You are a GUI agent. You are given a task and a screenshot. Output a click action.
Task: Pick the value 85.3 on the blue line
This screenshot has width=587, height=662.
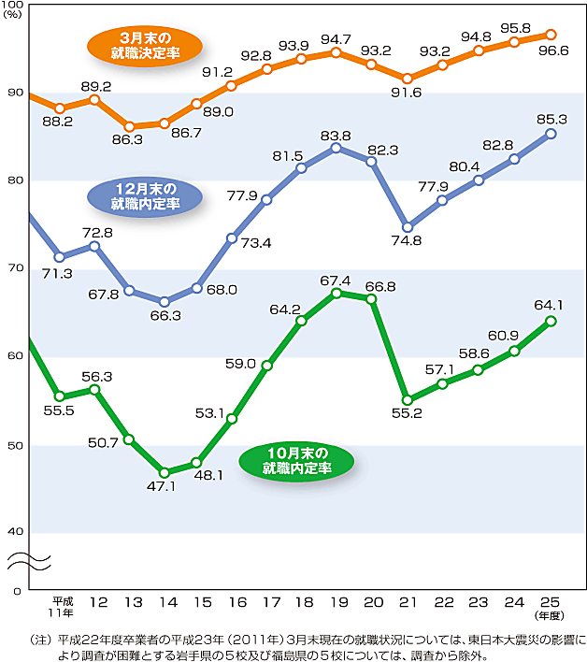coord(551,119)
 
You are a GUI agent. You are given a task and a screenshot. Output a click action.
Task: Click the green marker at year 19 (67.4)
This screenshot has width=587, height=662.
coord(336,293)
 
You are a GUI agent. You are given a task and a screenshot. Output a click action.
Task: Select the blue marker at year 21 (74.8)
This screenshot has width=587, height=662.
coord(407,227)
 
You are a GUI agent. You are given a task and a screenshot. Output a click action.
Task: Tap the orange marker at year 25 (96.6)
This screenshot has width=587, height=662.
coord(551,35)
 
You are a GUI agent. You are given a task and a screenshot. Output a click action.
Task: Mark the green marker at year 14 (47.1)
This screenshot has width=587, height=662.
coord(164,472)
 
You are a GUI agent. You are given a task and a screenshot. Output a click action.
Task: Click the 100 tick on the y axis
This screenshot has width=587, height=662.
coord(15,7)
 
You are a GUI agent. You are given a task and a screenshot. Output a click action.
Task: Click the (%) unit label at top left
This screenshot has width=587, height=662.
coord(14,17)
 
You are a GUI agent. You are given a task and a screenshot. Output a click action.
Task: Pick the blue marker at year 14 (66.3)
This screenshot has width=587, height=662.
coord(164,302)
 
